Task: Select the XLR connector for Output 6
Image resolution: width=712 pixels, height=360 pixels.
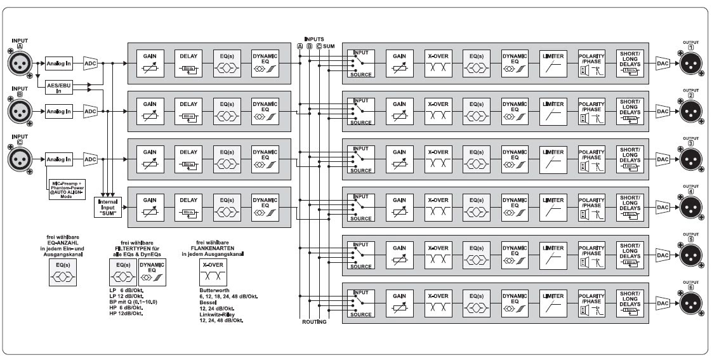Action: (691, 305)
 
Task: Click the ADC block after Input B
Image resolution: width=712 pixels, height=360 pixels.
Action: (90, 111)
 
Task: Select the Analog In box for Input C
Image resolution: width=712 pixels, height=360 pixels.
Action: (59, 159)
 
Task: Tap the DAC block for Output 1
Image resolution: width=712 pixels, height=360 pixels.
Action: (663, 63)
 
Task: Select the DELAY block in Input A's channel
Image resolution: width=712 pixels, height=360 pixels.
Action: (188, 63)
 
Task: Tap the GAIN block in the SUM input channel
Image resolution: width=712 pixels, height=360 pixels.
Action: (150, 207)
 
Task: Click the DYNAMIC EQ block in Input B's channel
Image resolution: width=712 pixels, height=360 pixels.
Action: (265, 111)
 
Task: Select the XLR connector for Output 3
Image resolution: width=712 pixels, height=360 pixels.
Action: (691, 159)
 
